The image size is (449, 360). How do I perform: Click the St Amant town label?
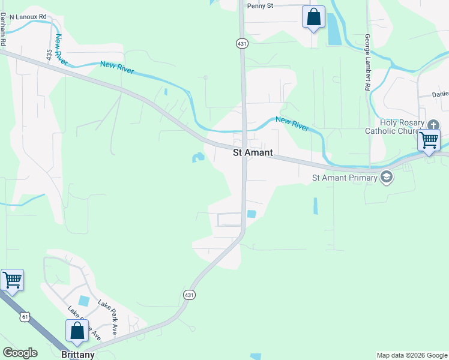tap(253, 153)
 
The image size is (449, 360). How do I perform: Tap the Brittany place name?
tap(78, 355)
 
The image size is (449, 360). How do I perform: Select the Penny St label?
tap(260, 6)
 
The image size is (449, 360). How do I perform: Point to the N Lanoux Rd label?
tap(28, 17)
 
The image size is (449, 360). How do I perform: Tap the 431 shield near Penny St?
tap(241, 43)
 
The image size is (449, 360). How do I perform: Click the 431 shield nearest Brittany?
tap(189, 295)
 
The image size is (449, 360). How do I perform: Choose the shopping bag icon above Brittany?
tap(77, 330)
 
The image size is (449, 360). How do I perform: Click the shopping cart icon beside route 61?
tap(12, 280)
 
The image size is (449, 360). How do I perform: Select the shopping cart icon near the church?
tap(429, 140)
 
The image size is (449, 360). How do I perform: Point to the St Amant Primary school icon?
tap(387, 177)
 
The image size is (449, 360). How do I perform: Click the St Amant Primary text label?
tap(345, 178)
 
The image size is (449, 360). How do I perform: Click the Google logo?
tap(20, 353)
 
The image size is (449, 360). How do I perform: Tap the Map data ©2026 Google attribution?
tap(412, 355)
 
